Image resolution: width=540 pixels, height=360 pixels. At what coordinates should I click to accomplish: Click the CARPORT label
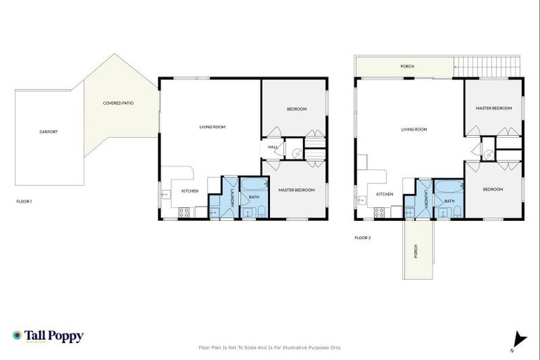point(49,131)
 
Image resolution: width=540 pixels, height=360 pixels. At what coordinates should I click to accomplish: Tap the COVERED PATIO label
point(118,103)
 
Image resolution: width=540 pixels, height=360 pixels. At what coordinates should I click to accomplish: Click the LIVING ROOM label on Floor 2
point(413,129)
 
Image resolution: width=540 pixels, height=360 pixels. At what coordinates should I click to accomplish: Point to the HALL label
point(272,147)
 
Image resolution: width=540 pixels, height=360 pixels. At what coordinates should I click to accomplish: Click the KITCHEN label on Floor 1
point(190,191)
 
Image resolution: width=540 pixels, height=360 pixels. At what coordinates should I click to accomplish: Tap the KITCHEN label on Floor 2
point(384,194)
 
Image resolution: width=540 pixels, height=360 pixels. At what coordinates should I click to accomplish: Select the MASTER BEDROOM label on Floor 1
point(295,190)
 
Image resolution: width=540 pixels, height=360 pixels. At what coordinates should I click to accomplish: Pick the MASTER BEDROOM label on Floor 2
point(493,108)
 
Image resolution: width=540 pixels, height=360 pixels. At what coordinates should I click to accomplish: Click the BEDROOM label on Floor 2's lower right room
point(493,189)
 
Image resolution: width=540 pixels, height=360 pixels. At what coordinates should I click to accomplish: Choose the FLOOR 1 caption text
point(25,202)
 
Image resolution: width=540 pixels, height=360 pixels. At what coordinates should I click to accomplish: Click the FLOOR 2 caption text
point(363,238)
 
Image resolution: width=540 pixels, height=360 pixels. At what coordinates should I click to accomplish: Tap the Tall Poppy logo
point(48,336)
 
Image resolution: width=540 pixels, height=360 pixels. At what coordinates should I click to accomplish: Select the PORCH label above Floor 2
point(407,67)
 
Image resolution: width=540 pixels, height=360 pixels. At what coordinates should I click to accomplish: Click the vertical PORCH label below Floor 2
point(415,250)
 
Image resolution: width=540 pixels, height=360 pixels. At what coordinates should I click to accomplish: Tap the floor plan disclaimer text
point(270,347)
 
